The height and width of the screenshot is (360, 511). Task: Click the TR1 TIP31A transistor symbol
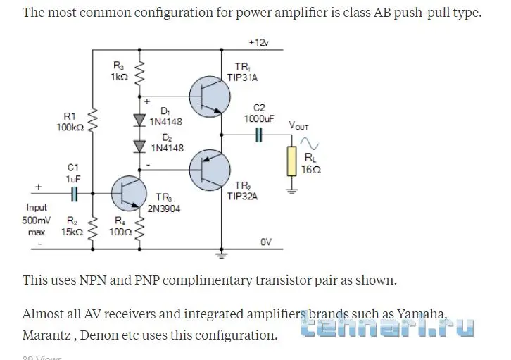click(209, 97)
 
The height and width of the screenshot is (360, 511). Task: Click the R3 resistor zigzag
click(139, 71)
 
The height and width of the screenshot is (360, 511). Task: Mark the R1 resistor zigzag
click(92, 120)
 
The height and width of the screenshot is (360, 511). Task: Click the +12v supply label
click(258, 42)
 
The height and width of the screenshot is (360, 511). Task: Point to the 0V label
click(265, 242)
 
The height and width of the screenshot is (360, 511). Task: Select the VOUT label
click(298, 125)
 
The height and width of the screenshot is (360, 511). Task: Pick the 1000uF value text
click(259, 119)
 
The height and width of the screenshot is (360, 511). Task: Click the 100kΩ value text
click(70, 128)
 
